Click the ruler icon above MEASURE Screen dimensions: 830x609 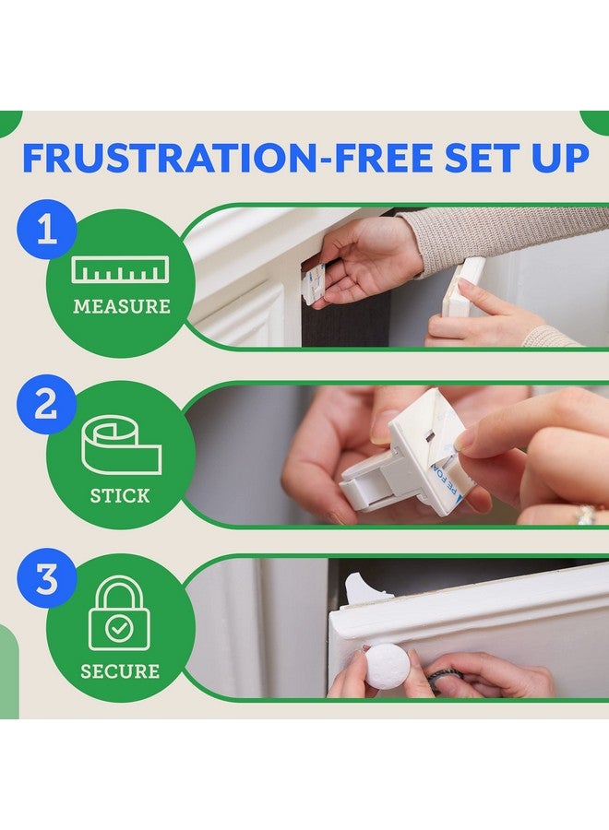[121, 270]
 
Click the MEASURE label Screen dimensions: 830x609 [121, 306]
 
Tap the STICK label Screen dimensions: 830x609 [121, 496]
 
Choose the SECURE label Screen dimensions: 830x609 [120, 670]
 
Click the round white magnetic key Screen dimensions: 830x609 [387, 666]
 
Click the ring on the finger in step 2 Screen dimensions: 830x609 [587, 514]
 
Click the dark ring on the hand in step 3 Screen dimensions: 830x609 [440, 678]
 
